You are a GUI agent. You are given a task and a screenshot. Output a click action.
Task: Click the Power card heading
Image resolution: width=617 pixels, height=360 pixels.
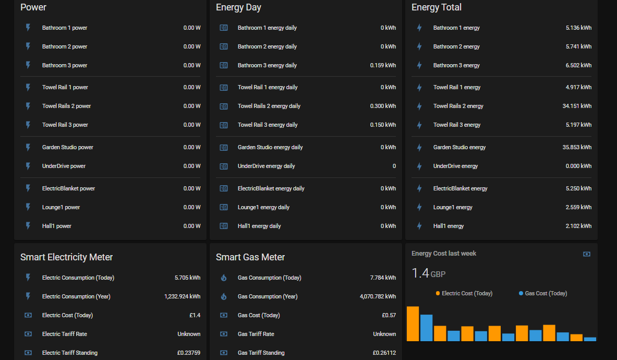point(33,7)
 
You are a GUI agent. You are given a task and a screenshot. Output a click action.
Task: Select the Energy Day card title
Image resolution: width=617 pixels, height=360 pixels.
point(238,7)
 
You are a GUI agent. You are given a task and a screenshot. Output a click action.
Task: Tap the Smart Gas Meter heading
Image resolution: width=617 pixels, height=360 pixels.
point(250,257)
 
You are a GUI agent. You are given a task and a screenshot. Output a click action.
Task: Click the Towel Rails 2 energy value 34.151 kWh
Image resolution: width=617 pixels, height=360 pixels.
point(577,106)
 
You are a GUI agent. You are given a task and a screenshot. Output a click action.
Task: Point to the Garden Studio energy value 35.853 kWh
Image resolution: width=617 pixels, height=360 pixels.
point(577,147)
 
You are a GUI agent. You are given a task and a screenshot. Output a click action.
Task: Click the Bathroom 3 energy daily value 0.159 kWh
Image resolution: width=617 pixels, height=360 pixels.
point(383,65)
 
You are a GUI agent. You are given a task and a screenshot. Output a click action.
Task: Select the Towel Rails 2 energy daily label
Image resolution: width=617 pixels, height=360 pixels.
point(269,106)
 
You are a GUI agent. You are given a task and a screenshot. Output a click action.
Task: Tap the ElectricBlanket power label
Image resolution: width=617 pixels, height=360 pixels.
point(68,188)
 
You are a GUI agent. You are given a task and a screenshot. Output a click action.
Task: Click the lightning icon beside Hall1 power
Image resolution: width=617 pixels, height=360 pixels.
point(28,226)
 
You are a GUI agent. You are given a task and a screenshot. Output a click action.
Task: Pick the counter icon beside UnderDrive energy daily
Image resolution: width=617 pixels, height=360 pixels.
point(224,166)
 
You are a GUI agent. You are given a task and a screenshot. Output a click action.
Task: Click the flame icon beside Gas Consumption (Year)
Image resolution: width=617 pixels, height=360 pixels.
point(224,296)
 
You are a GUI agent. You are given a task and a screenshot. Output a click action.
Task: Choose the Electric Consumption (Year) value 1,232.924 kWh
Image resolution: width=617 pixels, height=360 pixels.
point(182,296)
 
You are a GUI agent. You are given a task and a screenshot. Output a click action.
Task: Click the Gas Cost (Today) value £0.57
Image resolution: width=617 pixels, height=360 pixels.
point(389,315)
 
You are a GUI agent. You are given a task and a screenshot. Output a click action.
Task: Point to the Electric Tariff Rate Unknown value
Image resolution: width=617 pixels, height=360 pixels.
point(189,334)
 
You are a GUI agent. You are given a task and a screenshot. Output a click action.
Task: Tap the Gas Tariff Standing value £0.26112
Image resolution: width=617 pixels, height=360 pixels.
point(384,353)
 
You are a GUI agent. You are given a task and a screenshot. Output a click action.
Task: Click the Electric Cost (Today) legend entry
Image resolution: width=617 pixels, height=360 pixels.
point(464,293)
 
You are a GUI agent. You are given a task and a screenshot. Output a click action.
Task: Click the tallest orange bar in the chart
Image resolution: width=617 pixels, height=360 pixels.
point(413,324)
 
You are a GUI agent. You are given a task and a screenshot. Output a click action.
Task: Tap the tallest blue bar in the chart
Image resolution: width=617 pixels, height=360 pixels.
point(427,328)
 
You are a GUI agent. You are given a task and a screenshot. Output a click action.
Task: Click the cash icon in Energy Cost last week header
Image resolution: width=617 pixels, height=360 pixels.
point(587,254)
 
